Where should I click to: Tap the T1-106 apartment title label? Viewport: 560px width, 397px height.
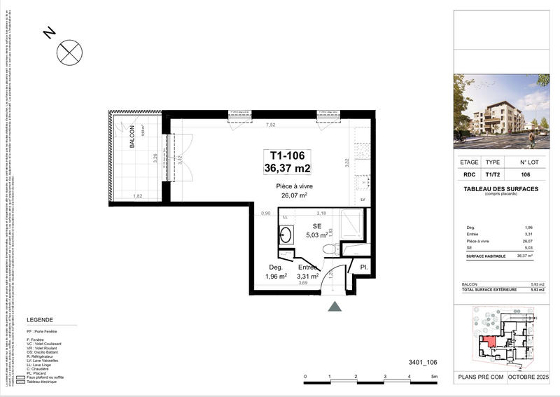pos(286,156)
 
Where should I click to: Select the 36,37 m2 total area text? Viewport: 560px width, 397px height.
pos(286,168)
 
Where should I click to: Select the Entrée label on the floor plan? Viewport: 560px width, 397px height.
pos(308,267)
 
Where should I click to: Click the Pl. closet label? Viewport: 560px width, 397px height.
pos(364,267)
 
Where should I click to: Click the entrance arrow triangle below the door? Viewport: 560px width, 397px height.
pos(335,307)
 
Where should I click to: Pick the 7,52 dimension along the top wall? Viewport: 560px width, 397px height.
pos(269,125)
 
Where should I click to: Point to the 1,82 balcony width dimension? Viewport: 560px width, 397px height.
pos(138,196)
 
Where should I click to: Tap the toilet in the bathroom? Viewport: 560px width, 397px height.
pos(328,249)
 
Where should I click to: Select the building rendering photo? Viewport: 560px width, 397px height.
pos(502,111)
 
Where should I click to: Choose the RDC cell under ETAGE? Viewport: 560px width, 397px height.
pos(469,175)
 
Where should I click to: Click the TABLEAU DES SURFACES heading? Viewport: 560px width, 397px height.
pos(501,188)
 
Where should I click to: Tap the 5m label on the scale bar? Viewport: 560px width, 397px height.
pos(434,377)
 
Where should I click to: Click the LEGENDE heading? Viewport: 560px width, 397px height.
pos(39,319)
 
